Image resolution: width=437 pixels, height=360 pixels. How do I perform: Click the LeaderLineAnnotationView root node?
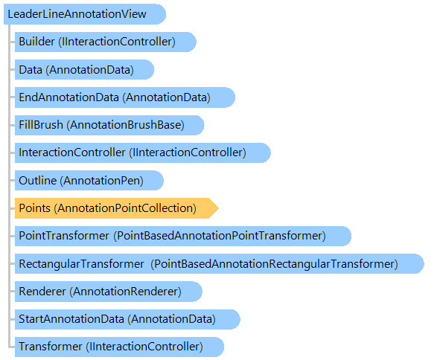(85, 14)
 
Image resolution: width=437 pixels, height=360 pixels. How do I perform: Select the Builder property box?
(106, 42)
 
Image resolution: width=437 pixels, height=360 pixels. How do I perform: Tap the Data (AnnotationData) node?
(84, 70)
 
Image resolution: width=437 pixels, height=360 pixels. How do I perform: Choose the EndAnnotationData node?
(125, 97)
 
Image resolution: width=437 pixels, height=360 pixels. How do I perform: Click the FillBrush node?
(109, 125)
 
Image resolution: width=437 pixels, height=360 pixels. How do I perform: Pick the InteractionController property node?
(143, 152)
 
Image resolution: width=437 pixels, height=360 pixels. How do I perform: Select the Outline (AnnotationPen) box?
(89, 181)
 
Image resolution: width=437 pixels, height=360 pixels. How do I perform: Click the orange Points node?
(117, 208)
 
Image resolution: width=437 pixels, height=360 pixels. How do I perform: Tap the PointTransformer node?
(183, 236)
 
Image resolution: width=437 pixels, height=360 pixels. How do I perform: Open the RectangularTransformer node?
(220, 263)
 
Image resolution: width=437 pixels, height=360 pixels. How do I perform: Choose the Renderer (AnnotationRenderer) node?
(109, 292)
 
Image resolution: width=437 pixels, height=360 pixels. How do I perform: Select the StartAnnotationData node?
(127, 319)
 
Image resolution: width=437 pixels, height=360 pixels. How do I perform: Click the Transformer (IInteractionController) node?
(119, 347)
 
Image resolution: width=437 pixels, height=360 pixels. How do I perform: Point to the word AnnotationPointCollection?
(125, 208)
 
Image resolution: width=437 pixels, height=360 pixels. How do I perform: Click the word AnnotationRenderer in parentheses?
(125, 292)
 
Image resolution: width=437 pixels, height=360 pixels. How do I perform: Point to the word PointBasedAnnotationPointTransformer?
(220, 236)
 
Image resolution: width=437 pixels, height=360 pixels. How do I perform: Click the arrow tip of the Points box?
(219, 208)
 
